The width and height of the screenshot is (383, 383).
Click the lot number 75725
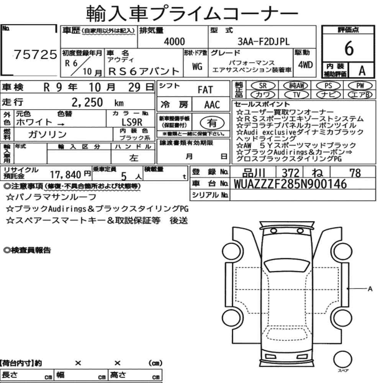pos(35,54)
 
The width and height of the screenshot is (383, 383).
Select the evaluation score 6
pos(349,48)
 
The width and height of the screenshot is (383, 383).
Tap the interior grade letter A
pos(362,70)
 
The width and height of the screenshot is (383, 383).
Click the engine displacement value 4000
pos(174,41)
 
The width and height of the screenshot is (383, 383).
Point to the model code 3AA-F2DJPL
pos(264,41)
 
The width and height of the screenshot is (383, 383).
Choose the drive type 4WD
pos(305,65)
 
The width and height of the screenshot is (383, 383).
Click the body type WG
pos(197,66)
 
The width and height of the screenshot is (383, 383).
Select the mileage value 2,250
pos(87,102)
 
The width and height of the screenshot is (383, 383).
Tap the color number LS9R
pos(132,122)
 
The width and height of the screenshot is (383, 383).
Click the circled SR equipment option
pos(263,86)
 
